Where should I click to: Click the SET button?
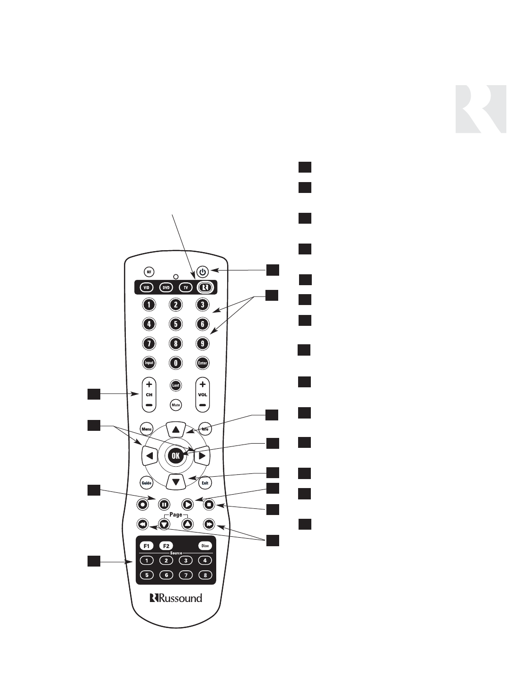point(149,272)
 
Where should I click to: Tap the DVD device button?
point(166,288)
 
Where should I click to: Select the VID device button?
point(146,288)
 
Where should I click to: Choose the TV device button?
point(186,288)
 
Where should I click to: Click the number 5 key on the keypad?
point(176,324)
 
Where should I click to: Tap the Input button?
point(149,363)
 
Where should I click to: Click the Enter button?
point(203,363)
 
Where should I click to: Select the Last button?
point(176,385)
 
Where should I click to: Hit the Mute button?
point(176,405)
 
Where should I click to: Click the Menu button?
point(146,429)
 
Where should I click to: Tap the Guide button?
point(146,483)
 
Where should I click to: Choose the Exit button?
point(205,483)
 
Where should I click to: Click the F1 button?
point(147,546)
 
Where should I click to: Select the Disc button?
point(205,546)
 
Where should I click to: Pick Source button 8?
point(205,575)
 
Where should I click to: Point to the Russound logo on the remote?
point(176,598)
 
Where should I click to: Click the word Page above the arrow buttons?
point(176,515)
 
